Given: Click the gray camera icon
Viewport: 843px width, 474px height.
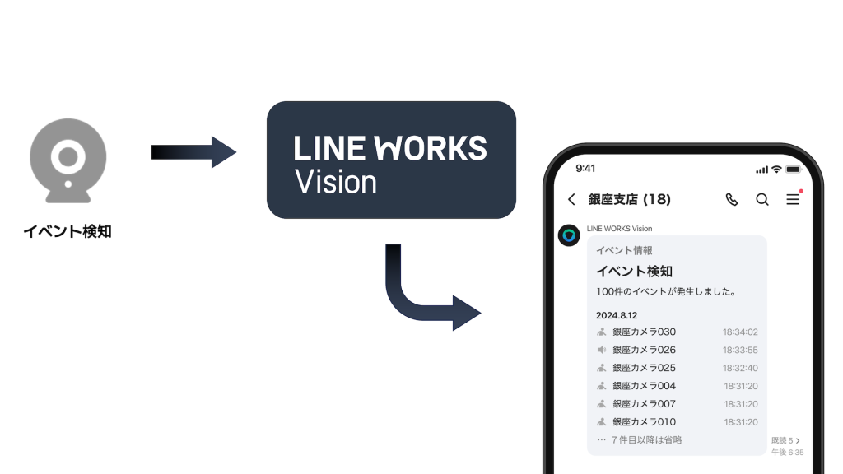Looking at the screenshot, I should (68, 161).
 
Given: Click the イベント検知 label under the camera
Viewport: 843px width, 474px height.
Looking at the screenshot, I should (68, 232).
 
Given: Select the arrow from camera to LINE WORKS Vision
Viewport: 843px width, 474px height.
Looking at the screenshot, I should (193, 152).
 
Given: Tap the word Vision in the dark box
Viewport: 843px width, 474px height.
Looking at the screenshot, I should (335, 182).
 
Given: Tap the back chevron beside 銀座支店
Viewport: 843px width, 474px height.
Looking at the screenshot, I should (571, 199).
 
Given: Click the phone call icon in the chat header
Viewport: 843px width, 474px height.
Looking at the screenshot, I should (731, 199).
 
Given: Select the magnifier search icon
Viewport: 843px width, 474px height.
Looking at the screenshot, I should (762, 199).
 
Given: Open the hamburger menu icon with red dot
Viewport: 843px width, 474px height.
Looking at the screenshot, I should (793, 198).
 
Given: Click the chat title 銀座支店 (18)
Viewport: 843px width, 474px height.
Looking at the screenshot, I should (630, 199).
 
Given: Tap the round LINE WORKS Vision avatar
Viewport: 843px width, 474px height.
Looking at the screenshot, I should (569, 236).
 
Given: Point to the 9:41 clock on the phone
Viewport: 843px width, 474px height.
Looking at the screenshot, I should (585, 168).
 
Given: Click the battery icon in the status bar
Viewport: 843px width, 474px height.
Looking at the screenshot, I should (793, 169).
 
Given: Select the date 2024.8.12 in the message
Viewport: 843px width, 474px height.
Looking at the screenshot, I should (617, 315).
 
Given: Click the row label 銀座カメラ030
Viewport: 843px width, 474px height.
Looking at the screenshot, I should (644, 332).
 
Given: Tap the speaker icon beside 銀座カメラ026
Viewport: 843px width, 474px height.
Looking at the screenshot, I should (602, 351).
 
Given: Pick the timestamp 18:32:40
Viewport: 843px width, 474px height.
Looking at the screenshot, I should (740, 369).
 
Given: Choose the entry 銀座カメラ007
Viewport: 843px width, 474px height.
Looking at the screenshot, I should (644, 404).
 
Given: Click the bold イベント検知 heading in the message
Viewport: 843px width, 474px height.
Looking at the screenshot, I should (634, 272).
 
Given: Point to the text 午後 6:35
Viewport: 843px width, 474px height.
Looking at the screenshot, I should (788, 453).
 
